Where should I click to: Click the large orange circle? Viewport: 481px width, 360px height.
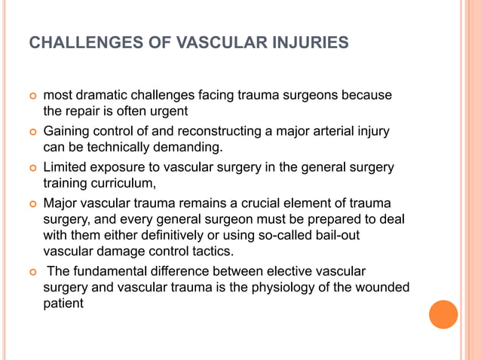point(443,314)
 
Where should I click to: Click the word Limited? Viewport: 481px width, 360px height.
point(66,167)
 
